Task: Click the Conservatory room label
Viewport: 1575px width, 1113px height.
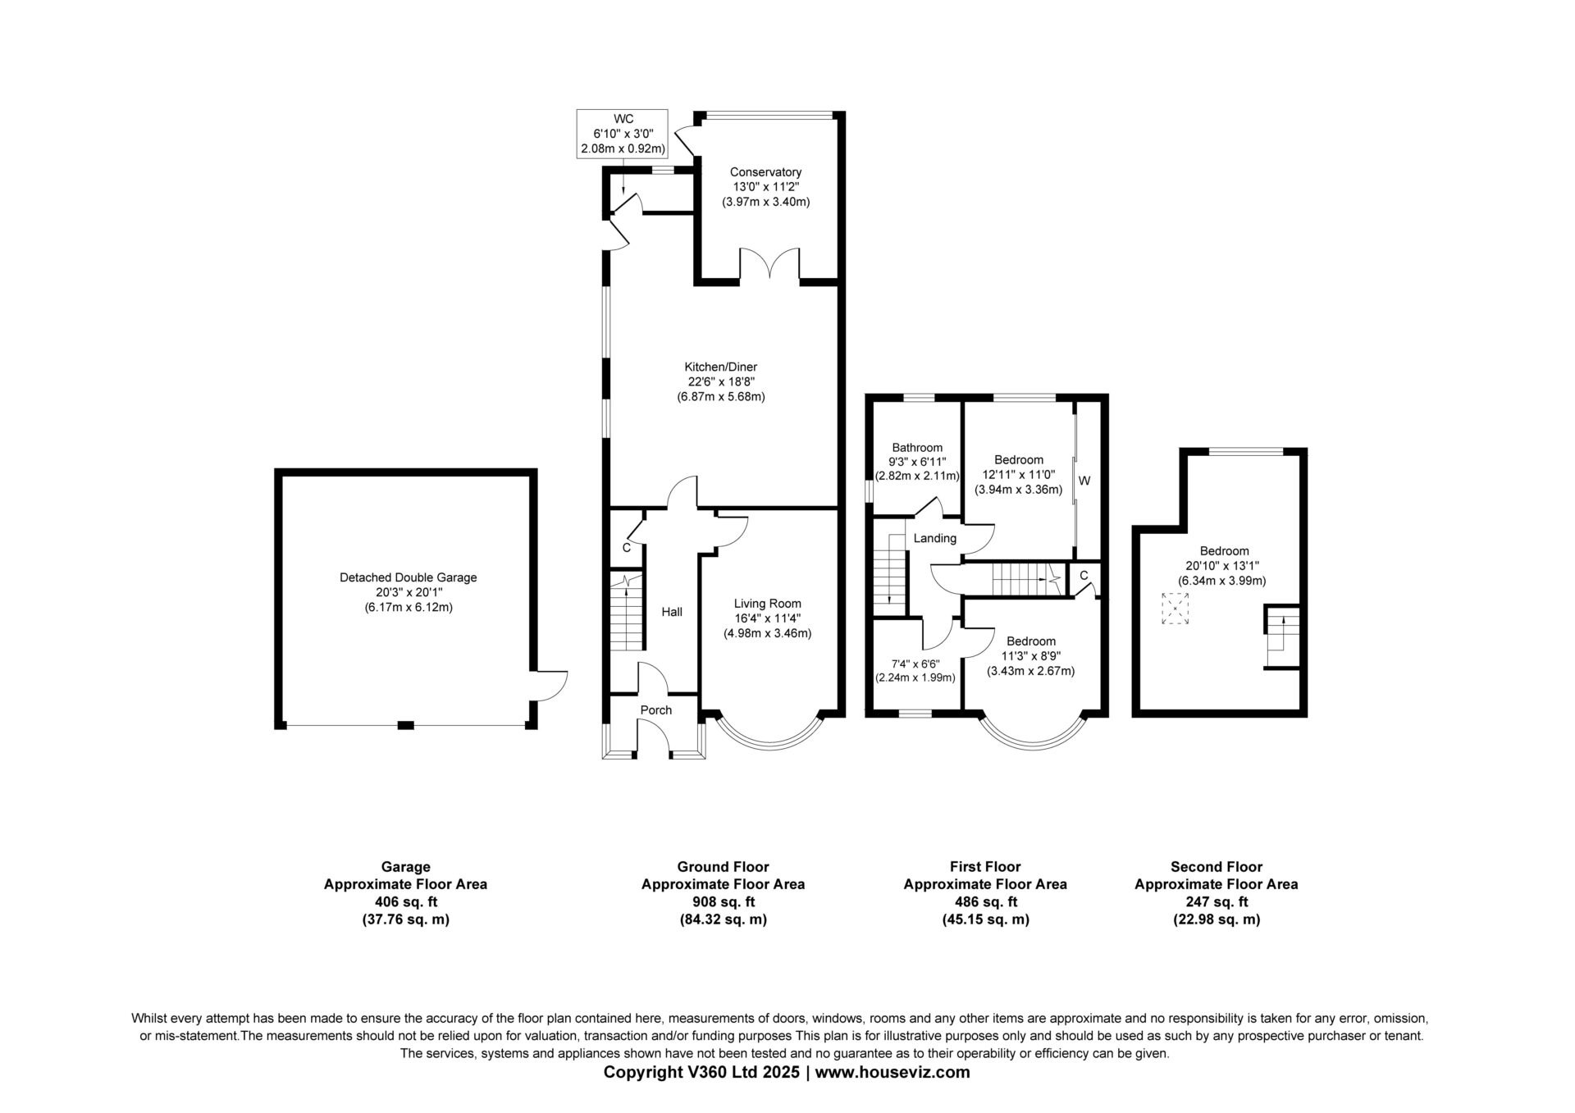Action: point(765,172)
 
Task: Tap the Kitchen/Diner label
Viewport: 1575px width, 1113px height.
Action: point(721,367)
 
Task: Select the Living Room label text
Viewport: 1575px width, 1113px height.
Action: point(767,604)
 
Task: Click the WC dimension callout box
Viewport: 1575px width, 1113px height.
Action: point(622,134)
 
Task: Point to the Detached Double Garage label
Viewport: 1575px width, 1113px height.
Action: point(408,577)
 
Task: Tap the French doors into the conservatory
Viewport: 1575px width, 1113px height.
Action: point(770,264)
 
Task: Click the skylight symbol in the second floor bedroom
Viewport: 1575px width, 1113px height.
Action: point(1175,609)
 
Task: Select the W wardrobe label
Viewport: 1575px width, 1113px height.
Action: point(1084,481)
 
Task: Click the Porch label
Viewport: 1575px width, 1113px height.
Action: point(655,710)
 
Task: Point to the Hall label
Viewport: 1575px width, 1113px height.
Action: point(672,612)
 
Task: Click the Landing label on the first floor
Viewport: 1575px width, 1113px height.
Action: point(935,539)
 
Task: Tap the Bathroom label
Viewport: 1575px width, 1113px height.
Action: point(917,448)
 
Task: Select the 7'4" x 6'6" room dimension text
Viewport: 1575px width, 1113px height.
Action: point(915,664)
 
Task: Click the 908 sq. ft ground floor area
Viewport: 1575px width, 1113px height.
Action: point(723,902)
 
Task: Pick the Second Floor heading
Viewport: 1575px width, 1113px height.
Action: point(1216,866)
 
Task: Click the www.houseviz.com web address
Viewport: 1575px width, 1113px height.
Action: point(892,1072)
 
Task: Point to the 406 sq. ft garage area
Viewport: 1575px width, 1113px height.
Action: point(405,902)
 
